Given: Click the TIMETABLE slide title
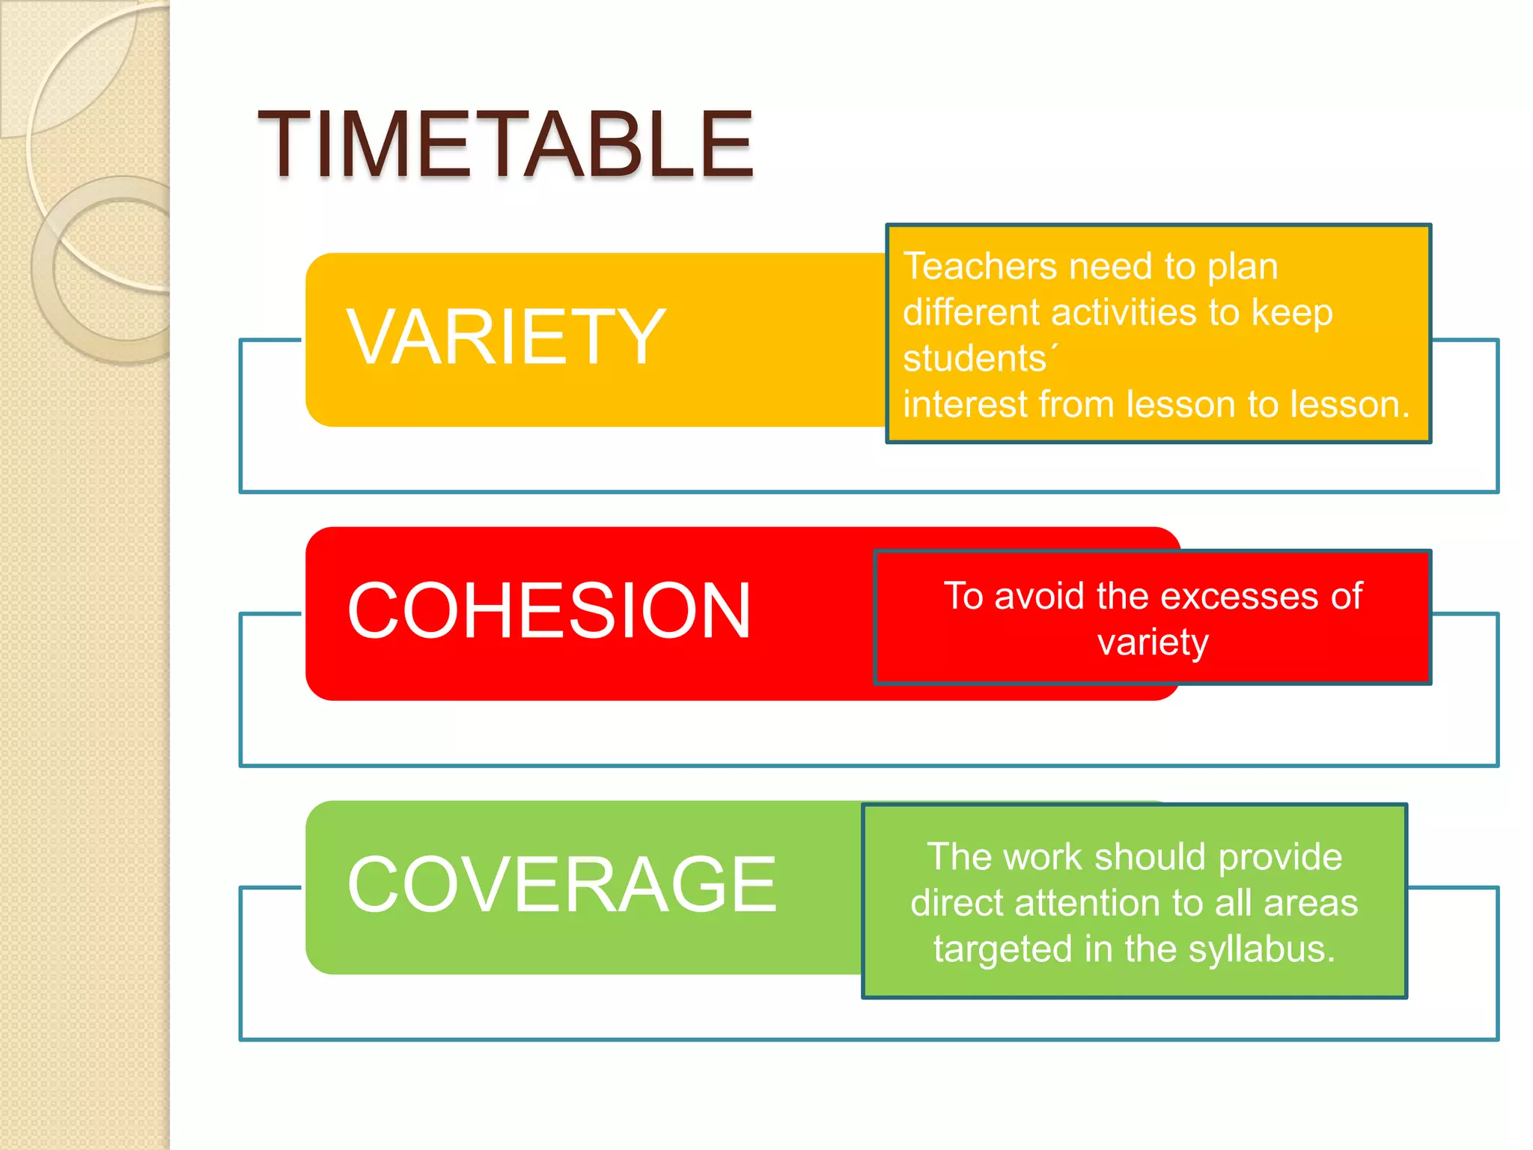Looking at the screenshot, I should (x=506, y=144).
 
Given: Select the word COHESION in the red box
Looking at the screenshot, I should (x=549, y=612).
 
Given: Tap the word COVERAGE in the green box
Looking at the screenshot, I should (x=561, y=885).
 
